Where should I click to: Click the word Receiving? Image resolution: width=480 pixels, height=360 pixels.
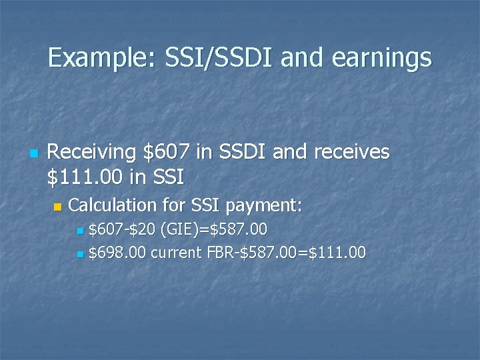[x=93, y=152]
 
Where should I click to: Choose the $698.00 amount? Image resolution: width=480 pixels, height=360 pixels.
[x=117, y=253]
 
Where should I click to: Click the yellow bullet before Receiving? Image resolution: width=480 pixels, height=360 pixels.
[x=32, y=153]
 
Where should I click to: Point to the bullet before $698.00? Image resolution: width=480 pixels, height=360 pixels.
[x=80, y=254]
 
